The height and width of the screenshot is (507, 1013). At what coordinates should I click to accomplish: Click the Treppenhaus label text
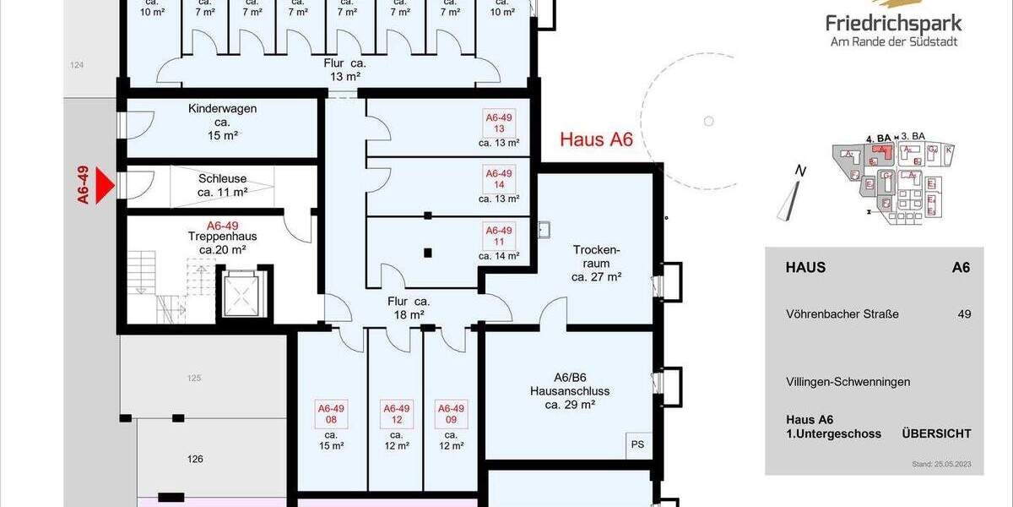pyautogui.click(x=223, y=237)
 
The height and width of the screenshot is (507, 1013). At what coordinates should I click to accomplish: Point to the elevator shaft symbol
pyautogui.click(x=244, y=293)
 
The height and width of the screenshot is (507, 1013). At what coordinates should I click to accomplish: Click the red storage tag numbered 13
pyautogui.click(x=499, y=123)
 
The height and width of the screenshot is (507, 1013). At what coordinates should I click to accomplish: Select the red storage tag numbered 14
pyautogui.click(x=499, y=179)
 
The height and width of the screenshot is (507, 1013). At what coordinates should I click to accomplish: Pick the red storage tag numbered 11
pyautogui.click(x=499, y=235)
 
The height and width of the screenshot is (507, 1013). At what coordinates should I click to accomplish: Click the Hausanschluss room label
pyautogui.click(x=570, y=391)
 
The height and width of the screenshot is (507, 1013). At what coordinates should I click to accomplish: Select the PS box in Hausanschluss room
pyautogui.click(x=637, y=444)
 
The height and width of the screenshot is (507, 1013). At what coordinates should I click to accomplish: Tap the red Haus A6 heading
pyautogui.click(x=596, y=140)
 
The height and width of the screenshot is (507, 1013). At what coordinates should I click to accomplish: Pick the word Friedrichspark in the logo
pyautogui.click(x=894, y=23)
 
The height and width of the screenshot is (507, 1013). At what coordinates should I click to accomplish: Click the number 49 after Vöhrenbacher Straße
pyautogui.click(x=963, y=314)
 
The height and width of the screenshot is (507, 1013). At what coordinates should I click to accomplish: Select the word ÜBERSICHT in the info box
pyautogui.click(x=936, y=433)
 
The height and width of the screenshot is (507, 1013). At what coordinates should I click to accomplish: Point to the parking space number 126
pyautogui.click(x=194, y=460)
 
